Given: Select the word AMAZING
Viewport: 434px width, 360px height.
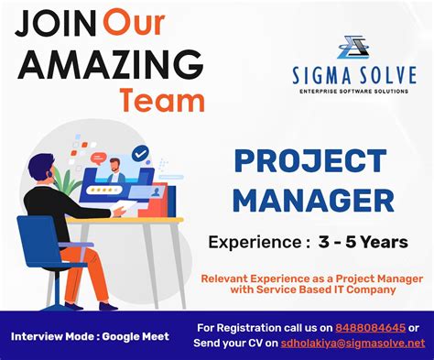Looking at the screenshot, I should [x=109, y=63].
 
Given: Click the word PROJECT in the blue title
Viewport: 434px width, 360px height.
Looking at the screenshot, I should [x=312, y=161].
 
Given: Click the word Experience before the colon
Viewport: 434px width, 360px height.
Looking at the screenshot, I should [x=253, y=242].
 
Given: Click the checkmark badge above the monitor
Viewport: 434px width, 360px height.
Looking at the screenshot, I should [x=140, y=154].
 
